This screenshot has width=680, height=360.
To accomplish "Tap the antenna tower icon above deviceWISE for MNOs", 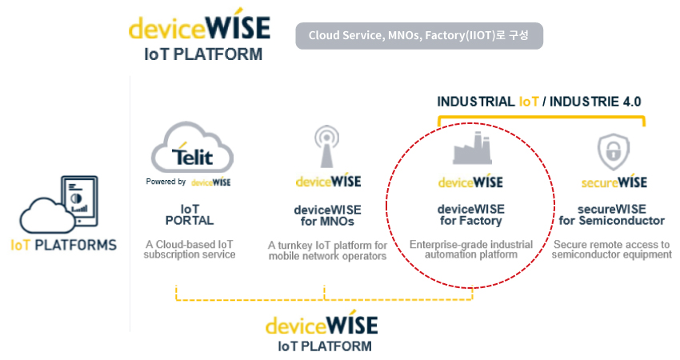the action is pos(326,146).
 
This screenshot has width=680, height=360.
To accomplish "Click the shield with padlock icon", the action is pos(614,151).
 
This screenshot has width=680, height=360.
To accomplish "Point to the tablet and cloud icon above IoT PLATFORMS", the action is pos(58,204).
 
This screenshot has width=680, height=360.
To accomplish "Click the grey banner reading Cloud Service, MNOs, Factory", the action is pos(419,35).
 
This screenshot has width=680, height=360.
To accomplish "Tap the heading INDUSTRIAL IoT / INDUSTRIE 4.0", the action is pos(538,102).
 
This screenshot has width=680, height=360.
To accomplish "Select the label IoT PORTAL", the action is pos(190,214).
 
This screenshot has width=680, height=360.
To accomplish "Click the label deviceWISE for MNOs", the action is pos(327,215).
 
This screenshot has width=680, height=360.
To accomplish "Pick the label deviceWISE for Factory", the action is pos(471,214).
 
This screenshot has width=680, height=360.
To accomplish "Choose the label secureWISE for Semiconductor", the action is pos(611,214).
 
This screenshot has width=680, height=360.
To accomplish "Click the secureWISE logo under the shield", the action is pos(614,182).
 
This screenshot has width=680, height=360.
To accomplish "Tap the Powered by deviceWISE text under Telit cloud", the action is pos(188,182).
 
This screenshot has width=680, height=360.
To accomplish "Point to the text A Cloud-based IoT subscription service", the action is pos(190,250).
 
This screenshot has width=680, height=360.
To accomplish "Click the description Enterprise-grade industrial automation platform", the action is pos(471,250).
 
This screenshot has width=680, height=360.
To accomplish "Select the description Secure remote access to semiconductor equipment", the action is pos(611,250).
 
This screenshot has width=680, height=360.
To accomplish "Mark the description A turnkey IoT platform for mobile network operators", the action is pos(327,250).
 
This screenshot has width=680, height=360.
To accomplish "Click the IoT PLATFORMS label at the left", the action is pos(64,245).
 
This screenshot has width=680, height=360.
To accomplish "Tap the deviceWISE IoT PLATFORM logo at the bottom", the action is pos(322,331).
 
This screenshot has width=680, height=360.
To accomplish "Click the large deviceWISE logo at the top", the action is pos(199,34).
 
